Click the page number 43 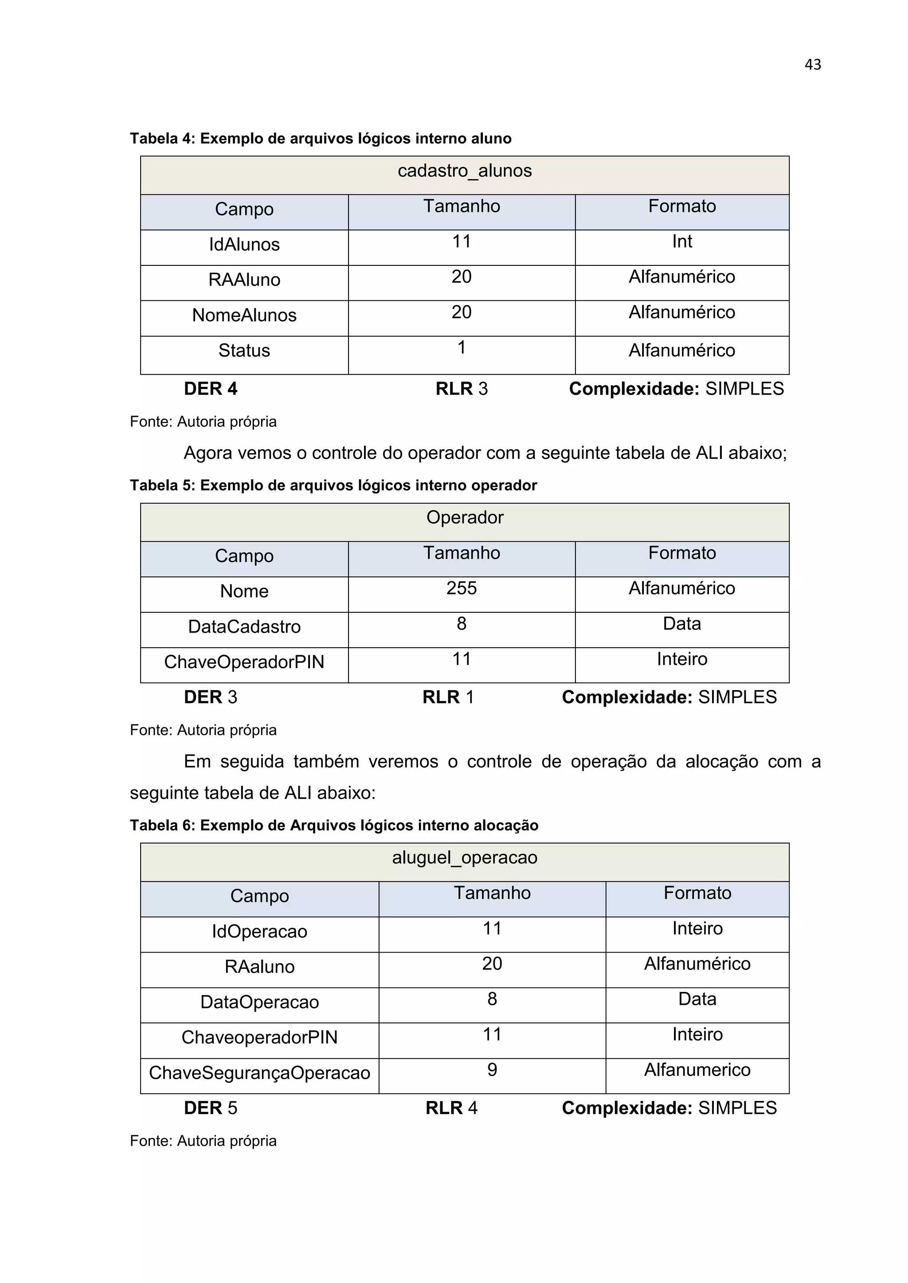(812, 65)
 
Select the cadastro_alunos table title (465, 171)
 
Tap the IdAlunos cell (244, 245)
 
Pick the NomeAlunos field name (244, 315)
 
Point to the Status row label (244, 350)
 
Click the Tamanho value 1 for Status (461, 348)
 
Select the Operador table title (465, 517)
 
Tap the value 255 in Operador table (461, 588)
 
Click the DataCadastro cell (244, 627)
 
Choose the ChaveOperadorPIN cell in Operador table (244, 662)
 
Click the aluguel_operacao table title (465, 857)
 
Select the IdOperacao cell (259, 932)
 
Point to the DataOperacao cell (259, 1002)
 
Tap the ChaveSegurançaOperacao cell (259, 1073)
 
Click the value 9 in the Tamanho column (492, 1069)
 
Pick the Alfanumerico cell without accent (697, 1069)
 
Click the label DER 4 (210, 389)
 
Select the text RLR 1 (448, 697)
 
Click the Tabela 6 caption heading (334, 825)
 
